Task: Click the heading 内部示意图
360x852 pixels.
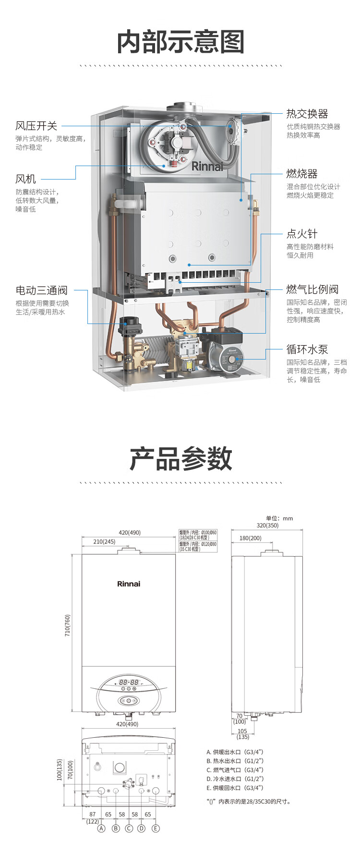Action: (181, 42)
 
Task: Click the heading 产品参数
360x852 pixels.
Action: (181, 459)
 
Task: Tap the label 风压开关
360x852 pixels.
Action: (36, 126)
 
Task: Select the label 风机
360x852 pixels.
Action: (26, 180)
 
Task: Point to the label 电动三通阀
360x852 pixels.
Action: (42, 290)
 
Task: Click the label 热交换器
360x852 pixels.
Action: (307, 114)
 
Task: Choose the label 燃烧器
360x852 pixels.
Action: (302, 174)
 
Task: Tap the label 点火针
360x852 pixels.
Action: (302, 234)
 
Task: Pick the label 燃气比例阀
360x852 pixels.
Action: (312, 289)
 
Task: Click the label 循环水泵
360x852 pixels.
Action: (307, 349)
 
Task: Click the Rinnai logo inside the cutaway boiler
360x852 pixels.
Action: (207, 167)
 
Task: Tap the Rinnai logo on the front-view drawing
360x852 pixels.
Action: (129, 584)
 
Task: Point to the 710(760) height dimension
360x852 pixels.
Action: (68, 625)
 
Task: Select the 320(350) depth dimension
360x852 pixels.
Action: (267, 526)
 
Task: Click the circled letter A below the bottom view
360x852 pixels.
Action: (101, 828)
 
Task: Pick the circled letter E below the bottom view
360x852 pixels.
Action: (156, 828)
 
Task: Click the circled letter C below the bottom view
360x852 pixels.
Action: (129, 828)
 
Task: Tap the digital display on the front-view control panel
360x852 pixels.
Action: (129, 682)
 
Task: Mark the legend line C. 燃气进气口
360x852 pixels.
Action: (235, 770)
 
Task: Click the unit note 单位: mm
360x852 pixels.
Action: (279, 518)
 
